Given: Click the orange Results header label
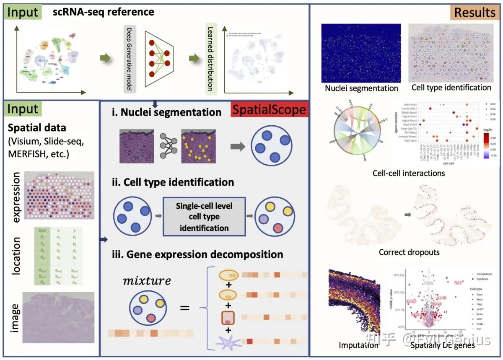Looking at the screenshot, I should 474,13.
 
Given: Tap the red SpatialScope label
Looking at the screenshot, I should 269,111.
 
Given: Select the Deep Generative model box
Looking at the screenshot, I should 130,59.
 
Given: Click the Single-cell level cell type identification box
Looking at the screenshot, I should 204,217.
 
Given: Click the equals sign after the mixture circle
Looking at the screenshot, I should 185,309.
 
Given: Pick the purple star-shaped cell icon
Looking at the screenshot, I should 229,343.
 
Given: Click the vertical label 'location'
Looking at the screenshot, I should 16,255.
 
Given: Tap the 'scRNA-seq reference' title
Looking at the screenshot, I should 103,12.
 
